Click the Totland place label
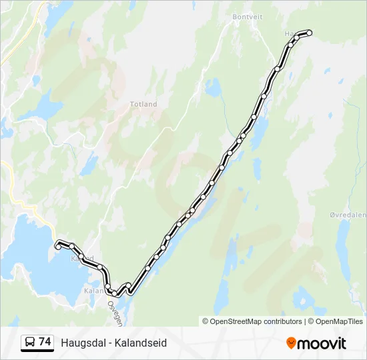click(x=143, y=105)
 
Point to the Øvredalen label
click(x=348, y=215)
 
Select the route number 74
click(x=45, y=342)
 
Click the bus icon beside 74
click(x=30, y=343)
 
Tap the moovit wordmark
click(x=322, y=343)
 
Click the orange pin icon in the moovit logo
click(x=291, y=343)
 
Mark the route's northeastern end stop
click(x=309, y=32)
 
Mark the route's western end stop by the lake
click(x=58, y=247)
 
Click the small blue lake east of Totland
click(x=214, y=87)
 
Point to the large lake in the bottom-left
click(x=30, y=260)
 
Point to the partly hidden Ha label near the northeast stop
click(x=289, y=33)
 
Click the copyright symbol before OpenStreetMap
click(x=206, y=321)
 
